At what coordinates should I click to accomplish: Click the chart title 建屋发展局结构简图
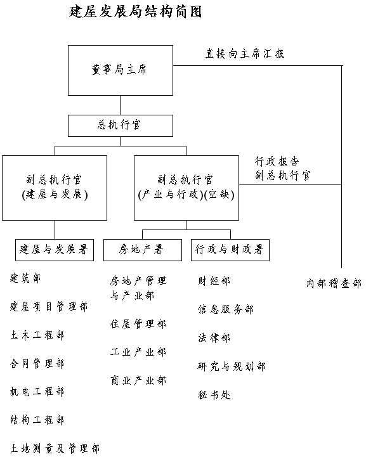click(135, 12)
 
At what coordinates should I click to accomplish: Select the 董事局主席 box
click(121, 70)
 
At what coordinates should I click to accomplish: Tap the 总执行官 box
click(121, 126)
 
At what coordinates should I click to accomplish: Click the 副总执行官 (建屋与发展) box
click(55, 188)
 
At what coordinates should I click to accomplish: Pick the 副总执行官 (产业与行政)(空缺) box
click(186, 188)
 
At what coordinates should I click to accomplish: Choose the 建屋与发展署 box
click(55, 250)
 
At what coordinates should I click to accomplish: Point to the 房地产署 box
click(143, 250)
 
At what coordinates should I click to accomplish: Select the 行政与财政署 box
click(230, 250)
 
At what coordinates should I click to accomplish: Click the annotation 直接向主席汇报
click(245, 54)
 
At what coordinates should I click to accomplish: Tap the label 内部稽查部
click(334, 283)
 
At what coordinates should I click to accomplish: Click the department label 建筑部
click(25, 278)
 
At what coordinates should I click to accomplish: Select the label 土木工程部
click(37, 335)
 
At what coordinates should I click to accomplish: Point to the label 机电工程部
click(37, 392)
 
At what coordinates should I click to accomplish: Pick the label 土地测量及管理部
click(55, 448)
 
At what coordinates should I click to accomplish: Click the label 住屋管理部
click(138, 324)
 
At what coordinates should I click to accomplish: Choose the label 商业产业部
click(138, 380)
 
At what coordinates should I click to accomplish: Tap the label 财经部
click(214, 281)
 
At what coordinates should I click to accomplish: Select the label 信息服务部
click(225, 309)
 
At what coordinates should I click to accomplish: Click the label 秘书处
click(214, 395)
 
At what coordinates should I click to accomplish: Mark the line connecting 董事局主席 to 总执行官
click(121, 105)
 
